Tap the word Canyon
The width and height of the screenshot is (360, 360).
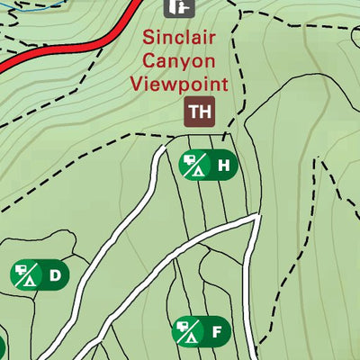pos(179,61)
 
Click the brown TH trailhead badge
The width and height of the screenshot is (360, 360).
pos(201,112)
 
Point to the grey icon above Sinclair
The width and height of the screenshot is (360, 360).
pos(178,7)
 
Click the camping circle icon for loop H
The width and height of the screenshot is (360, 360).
pos(195,166)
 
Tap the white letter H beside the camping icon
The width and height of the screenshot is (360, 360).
pos(223,166)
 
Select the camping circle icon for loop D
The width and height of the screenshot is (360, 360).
pos(26,274)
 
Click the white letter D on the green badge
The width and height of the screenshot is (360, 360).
pos(55,274)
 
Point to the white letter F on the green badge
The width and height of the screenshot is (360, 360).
pos(216,333)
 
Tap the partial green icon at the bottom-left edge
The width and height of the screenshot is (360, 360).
pos(2,346)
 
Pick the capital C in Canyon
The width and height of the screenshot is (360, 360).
pos(148,61)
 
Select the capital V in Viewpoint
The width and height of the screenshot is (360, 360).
pos(137,84)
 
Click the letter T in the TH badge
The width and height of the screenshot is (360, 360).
pos(195,112)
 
